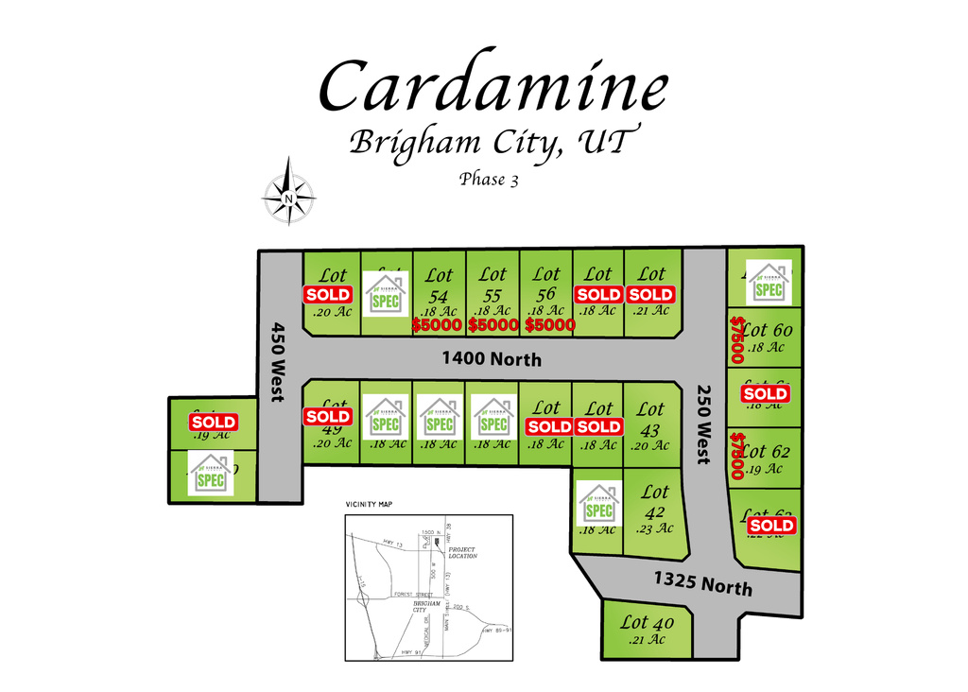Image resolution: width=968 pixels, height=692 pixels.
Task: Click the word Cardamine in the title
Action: (493, 87)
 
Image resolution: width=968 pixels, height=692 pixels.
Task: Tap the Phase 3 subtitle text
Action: (489, 179)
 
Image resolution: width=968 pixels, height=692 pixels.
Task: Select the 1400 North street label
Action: (493, 359)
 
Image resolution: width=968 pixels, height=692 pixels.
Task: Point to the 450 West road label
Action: (278, 362)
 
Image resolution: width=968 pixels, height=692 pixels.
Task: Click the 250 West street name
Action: (703, 423)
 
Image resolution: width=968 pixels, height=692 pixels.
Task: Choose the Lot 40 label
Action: (648, 623)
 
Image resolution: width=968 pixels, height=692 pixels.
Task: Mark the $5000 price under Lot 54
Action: (438, 325)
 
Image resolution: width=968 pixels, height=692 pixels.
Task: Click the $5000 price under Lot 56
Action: (549, 325)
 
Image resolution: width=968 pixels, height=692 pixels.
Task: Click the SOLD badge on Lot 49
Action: (328, 416)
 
